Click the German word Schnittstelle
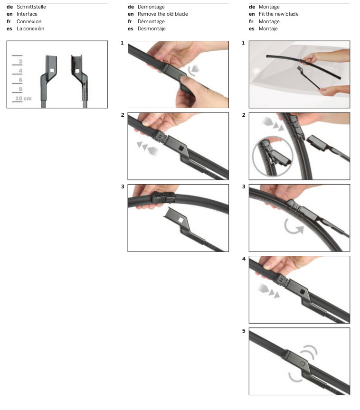point(31,7)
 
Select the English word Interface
point(27,14)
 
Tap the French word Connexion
point(29,21)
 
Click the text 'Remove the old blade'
point(163,14)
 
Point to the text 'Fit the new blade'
point(279,14)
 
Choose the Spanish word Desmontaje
point(152,29)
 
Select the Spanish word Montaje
point(268,29)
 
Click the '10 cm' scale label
point(23,98)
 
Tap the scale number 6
point(20,80)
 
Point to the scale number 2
point(20,62)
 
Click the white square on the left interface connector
point(52,70)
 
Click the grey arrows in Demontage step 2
point(147,148)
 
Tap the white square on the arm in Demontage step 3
point(181,220)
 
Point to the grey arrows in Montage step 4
point(269,291)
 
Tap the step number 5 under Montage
point(244,331)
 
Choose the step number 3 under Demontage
point(123,186)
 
